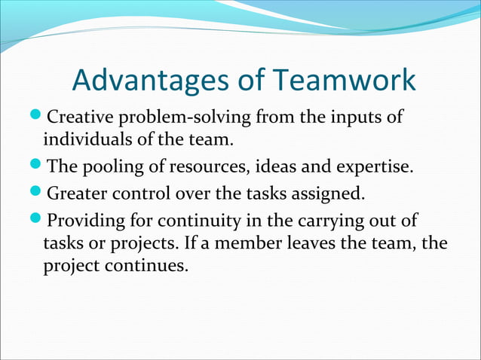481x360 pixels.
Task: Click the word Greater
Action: pyautogui.click(x=77, y=194)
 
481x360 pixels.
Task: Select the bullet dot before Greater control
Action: pyautogui.click(x=38, y=194)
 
